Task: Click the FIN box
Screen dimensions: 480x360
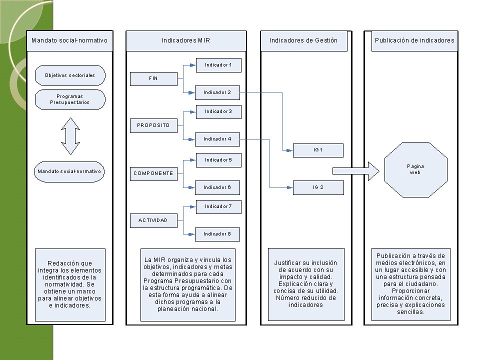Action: point(153,79)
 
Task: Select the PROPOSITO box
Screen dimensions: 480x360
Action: point(153,126)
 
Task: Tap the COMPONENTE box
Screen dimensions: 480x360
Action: point(153,173)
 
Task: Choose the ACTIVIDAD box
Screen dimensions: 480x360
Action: point(153,220)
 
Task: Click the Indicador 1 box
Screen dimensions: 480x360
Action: point(218,65)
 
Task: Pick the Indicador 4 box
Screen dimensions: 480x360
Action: point(217,139)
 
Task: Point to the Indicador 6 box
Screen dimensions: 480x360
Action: point(217,187)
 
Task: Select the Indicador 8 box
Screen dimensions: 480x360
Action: point(217,234)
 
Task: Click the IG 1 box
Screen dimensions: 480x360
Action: point(318,150)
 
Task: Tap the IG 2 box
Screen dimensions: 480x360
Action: point(318,187)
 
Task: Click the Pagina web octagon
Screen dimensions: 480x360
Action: point(415,169)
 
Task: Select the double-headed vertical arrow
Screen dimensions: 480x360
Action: point(70,136)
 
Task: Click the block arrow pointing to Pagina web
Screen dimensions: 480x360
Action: point(356,171)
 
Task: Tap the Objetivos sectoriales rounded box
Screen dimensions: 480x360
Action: point(70,75)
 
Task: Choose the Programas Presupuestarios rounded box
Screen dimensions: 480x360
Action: point(70,99)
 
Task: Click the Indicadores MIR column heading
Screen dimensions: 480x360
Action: point(186,40)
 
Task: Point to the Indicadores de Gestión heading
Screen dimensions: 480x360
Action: point(303,40)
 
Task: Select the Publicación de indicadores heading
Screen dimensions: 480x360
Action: point(414,40)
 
